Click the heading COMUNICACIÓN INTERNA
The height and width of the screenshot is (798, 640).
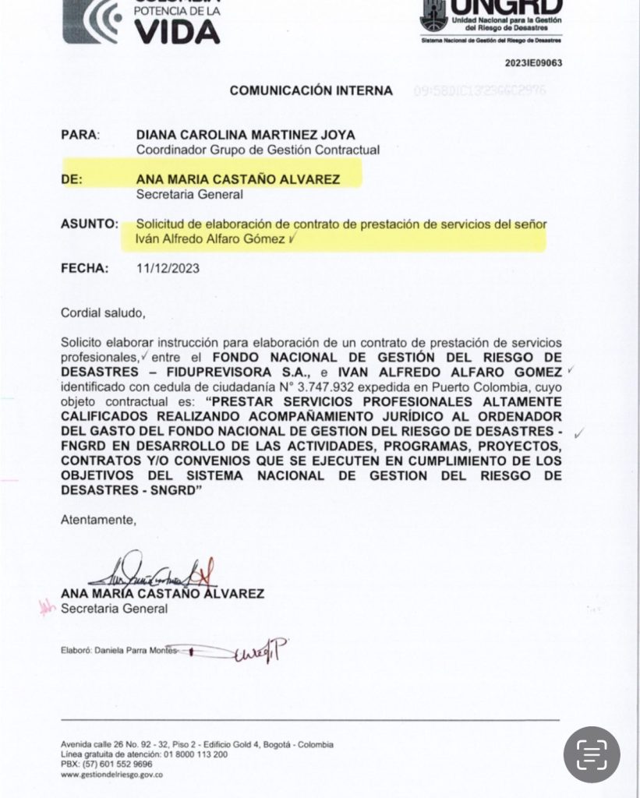311,91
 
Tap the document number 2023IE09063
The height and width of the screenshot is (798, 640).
533,63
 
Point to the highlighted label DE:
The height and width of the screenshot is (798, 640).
72,179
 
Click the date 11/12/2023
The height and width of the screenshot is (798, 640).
168,268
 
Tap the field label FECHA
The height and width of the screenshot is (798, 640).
84,268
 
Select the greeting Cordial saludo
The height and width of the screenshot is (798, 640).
104,313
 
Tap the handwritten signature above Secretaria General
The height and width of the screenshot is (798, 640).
148,574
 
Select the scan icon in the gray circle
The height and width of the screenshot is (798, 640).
592,754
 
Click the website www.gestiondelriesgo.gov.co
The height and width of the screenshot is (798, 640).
111,775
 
